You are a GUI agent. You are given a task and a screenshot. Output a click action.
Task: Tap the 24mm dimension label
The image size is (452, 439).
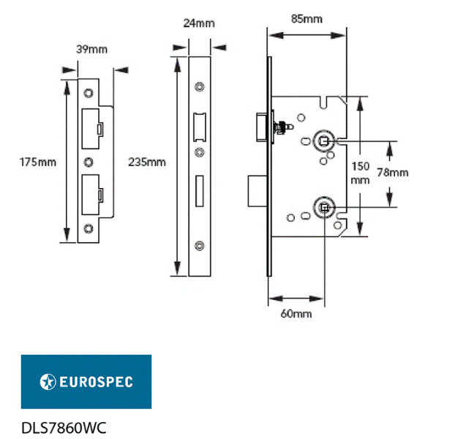pos(199,23)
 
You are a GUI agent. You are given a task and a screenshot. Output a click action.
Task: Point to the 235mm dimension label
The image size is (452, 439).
pos(147,162)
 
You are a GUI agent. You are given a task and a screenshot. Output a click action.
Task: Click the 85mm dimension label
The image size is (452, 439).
pos(306,18)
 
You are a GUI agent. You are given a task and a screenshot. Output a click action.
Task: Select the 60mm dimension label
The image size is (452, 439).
pos(296,314)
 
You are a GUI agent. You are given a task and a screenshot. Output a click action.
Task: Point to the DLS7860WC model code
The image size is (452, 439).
pos(64,427)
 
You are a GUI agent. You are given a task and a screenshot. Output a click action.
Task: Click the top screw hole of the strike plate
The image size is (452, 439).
pos(88,93)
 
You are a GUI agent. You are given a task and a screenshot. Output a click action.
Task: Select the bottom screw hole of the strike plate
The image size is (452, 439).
pos(88,228)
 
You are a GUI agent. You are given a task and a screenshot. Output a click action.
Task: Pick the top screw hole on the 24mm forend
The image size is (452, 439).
pos(199,86)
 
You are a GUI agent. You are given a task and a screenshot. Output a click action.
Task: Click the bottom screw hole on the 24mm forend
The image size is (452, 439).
pos(199,245)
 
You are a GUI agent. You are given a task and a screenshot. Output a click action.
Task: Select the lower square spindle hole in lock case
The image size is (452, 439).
pos(323,208)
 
